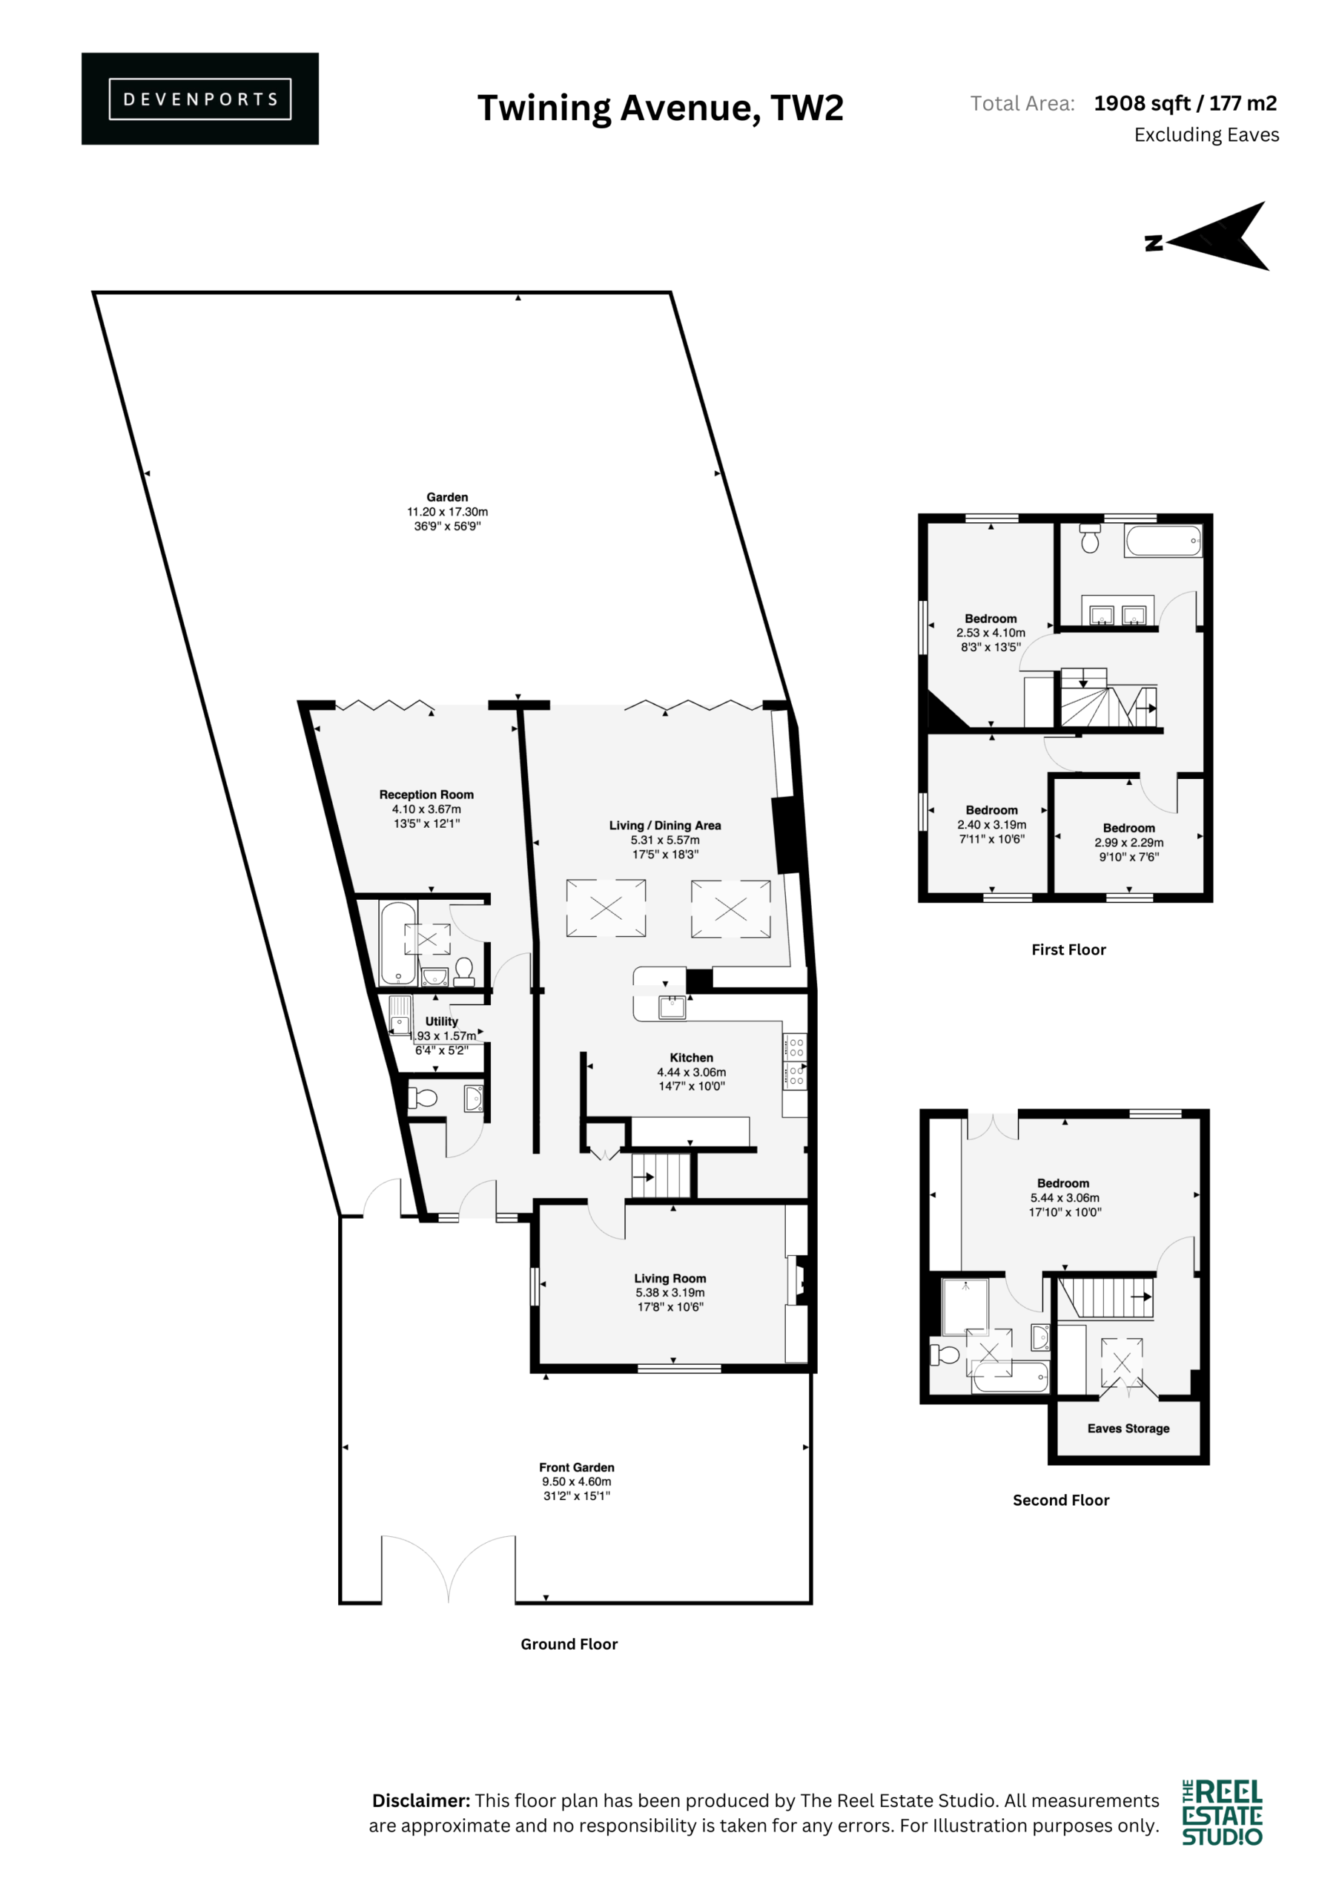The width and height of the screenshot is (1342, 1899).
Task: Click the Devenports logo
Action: point(200,99)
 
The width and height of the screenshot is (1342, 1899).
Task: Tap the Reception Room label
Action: point(426,794)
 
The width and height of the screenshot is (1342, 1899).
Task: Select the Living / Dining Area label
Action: point(665,826)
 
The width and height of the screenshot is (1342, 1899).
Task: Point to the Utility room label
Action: point(442,1021)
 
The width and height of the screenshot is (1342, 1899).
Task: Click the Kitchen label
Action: point(691,1058)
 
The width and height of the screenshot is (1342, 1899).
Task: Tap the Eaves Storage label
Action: point(1128,1429)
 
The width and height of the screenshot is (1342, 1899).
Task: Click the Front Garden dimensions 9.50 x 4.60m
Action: point(577,1481)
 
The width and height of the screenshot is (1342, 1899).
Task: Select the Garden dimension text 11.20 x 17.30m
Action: point(447,512)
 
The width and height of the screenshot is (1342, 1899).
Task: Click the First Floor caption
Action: point(1068,949)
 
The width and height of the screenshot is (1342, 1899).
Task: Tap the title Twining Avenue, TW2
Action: point(661,108)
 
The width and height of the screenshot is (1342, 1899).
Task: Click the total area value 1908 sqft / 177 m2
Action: point(1185,103)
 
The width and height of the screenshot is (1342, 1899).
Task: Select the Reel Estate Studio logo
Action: point(1222,1812)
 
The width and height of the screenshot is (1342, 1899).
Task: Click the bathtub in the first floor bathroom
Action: point(1163,541)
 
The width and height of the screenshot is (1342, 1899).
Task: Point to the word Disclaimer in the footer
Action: point(421,1800)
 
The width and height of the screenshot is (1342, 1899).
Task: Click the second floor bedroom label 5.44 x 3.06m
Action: point(1065,1197)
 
